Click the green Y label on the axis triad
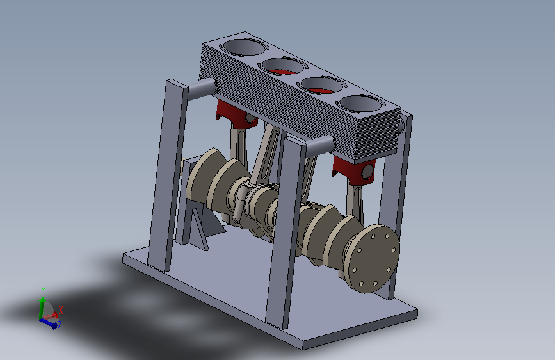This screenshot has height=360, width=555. tap(44, 290)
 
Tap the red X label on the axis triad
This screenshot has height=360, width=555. tap(61, 311)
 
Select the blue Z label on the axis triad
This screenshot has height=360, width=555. tap(60, 325)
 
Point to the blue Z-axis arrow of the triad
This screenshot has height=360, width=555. tap(48, 323)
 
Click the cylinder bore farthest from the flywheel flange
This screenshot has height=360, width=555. tap(245, 47)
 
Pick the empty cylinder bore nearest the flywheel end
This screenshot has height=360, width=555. tap(361, 104)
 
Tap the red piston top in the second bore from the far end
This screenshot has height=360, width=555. tap(282, 72)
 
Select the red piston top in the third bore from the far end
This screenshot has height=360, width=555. tap(321, 91)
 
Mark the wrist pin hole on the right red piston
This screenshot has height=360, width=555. tap(368, 172)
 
